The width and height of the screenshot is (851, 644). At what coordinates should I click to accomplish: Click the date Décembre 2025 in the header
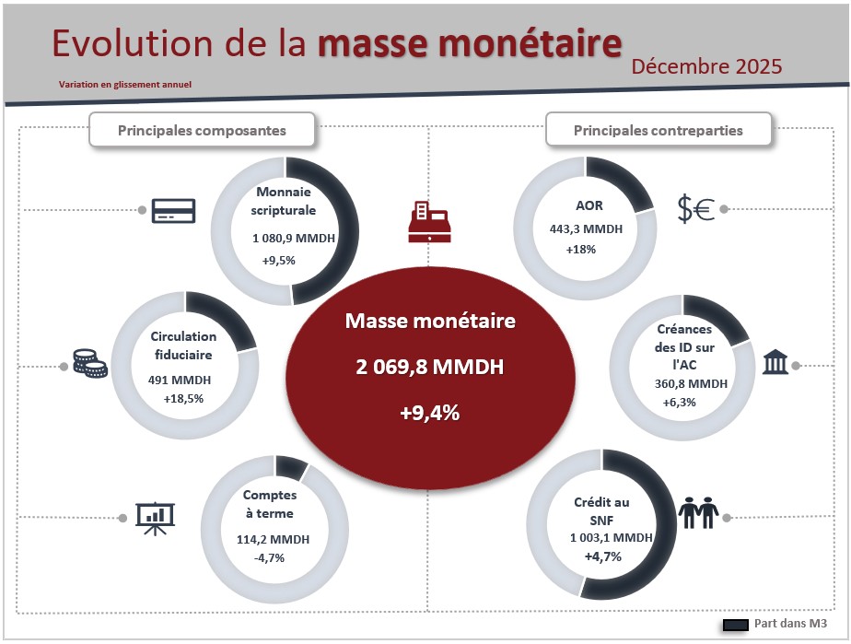click(x=706, y=66)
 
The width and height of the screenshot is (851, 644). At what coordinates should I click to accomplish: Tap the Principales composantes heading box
click(x=202, y=130)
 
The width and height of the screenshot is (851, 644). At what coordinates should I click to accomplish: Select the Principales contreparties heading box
click(x=658, y=130)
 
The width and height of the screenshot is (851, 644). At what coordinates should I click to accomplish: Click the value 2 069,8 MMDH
click(x=429, y=368)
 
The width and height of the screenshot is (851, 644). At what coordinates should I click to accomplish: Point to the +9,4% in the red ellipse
click(x=429, y=413)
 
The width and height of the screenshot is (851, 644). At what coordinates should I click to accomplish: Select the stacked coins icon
click(x=90, y=363)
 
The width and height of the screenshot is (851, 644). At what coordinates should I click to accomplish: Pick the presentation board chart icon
click(x=154, y=519)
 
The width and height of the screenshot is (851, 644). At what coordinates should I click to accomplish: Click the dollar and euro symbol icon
click(x=696, y=210)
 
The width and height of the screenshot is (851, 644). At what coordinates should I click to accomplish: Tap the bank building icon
click(x=775, y=362)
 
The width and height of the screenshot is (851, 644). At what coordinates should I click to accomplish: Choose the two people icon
click(x=697, y=512)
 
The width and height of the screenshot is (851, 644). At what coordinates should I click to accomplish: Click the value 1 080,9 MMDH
click(x=294, y=239)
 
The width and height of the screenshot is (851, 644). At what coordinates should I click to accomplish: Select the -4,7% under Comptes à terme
click(x=269, y=557)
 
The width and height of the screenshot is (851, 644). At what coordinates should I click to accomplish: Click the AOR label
click(x=584, y=205)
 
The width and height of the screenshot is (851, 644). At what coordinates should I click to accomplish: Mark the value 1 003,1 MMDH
click(x=611, y=538)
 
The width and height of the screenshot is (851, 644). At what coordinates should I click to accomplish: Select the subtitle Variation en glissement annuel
click(x=124, y=85)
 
